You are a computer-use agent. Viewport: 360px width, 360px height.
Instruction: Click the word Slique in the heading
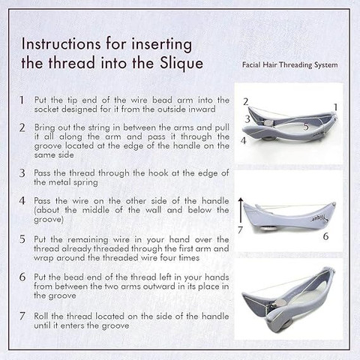(181, 63)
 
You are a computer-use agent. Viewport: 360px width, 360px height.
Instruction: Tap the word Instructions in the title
(61, 44)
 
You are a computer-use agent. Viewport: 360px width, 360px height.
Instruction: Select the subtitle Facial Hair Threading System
(289, 64)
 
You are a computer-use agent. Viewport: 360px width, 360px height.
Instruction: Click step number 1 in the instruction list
(22, 100)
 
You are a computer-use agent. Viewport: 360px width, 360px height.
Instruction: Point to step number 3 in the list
(22, 173)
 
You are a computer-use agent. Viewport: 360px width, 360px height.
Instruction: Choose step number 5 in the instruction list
(22, 239)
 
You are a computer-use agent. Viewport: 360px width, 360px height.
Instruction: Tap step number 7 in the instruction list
(22, 316)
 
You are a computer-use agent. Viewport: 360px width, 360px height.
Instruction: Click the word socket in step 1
(46, 109)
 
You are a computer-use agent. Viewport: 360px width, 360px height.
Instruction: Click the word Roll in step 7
(41, 316)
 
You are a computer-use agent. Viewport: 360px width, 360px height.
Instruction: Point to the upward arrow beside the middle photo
(241, 210)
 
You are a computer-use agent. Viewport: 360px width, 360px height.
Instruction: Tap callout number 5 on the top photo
(306, 127)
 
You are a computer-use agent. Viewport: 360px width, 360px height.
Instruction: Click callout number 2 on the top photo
(246, 102)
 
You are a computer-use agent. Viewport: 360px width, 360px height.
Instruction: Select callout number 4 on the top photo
(243, 141)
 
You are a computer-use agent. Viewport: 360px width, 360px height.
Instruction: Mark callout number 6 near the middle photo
(325, 236)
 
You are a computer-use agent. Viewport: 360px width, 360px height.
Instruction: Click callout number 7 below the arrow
(240, 229)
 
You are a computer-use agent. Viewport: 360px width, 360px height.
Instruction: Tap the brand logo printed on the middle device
(319, 219)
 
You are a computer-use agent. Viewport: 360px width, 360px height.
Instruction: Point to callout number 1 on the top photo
(335, 107)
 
